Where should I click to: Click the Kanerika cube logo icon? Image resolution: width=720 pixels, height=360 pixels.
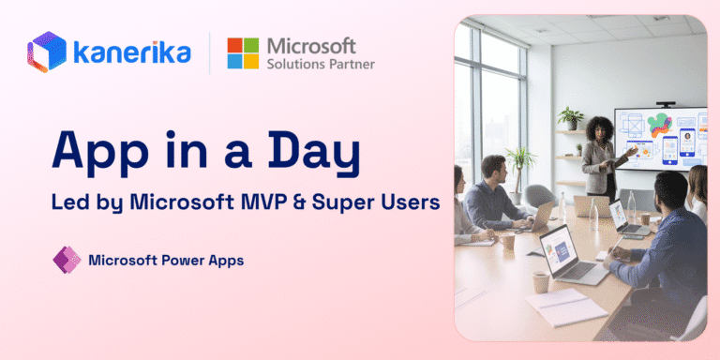coord(47,52)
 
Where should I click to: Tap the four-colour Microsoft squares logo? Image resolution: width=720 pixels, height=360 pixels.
coord(243,53)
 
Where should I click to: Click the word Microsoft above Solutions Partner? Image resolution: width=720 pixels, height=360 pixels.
coord(312,46)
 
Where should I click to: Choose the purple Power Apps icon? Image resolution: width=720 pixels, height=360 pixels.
coord(67,260)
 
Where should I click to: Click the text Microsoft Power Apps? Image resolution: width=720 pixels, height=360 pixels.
coord(166,261)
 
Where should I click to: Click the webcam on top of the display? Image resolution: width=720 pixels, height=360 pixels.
coord(666,104)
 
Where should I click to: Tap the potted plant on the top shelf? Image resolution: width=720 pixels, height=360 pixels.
coord(571,118)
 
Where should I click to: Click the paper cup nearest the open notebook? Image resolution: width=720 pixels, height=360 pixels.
coord(540,281)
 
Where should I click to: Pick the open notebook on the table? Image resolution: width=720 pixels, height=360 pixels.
coord(566,307)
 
